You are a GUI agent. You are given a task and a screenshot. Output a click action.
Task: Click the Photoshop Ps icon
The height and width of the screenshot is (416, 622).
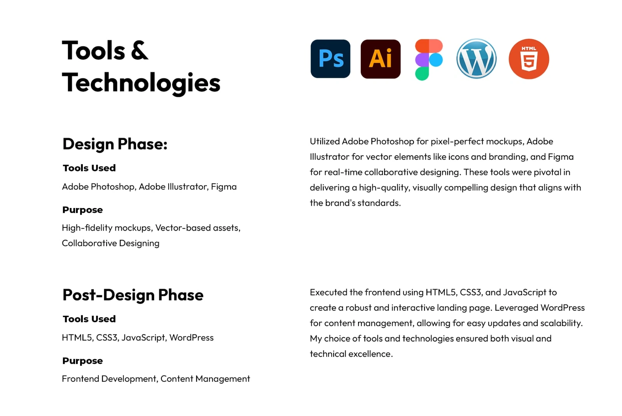(x=330, y=59)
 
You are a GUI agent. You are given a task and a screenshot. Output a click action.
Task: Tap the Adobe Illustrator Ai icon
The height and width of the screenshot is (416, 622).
(x=381, y=59)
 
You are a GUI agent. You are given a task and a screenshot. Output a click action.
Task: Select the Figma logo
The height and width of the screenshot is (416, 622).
(x=429, y=59)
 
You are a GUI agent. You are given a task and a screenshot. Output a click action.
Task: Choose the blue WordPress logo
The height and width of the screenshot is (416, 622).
(x=476, y=59)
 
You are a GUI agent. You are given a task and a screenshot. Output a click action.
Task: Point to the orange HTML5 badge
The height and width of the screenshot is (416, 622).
(x=529, y=59)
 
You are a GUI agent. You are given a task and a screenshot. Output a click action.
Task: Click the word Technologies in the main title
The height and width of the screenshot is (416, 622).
(x=141, y=82)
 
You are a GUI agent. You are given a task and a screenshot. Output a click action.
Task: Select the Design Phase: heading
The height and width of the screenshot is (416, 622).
(x=115, y=144)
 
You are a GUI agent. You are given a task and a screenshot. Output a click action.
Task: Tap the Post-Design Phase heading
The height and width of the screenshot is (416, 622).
(x=133, y=295)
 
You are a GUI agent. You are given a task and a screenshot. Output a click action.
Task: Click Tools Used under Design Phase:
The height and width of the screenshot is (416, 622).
(x=89, y=168)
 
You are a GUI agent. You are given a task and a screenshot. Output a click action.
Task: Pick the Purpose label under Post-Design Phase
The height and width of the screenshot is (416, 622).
(x=82, y=361)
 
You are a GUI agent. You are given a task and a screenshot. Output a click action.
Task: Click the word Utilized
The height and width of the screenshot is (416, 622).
(x=325, y=142)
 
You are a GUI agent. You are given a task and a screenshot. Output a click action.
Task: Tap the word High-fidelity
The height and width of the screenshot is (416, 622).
(x=87, y=228)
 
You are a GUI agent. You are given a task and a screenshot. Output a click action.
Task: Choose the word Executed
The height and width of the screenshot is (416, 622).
(x=328, y=292)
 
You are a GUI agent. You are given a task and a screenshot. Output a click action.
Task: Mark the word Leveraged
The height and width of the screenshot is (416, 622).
(x=517, y=308)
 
